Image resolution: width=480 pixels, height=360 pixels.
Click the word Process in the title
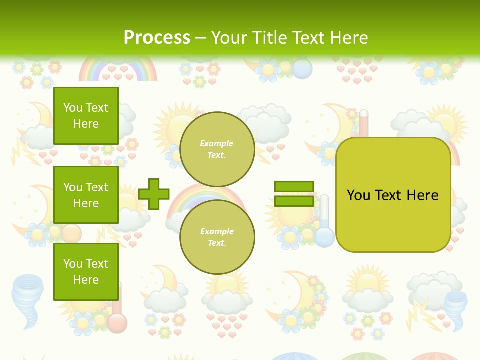[x=157, y=38]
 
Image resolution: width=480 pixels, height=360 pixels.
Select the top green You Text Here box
[x=86, y=116]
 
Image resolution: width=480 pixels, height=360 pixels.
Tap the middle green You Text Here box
[x=86, y=195]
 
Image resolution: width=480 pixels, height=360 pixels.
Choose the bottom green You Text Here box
[x=86, y=271]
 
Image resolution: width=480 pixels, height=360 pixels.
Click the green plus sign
[x=154, y=194]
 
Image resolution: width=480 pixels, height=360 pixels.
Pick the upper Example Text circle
[x=217, y=149]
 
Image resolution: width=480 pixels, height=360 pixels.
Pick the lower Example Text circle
[x=217, y=237]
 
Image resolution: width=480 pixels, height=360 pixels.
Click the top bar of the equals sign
[x=294, y=186]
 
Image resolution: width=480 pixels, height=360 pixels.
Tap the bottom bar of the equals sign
[x=294, y=201]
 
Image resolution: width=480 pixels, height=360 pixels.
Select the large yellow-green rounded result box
[x=393, y=194]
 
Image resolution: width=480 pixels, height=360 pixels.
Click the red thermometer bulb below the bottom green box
[x=117, y=322]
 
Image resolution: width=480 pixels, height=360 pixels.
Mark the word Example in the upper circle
[x=217, y=143]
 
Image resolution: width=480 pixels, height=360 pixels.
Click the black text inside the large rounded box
[x=393, y=195]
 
